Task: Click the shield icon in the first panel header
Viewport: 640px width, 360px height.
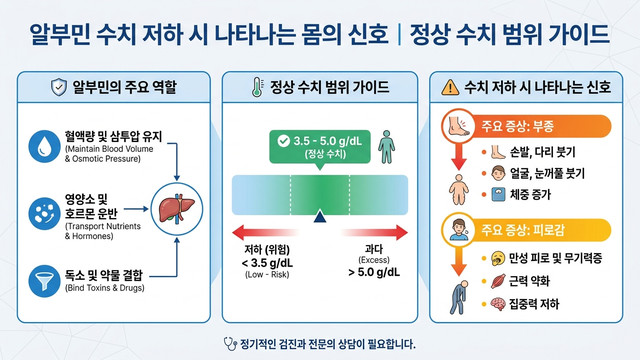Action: coord(59,87)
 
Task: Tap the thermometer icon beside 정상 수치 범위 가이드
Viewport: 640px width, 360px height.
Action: coord(257,87)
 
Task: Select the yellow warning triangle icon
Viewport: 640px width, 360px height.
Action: coord(450,87)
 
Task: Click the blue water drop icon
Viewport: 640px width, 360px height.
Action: coord(44,146)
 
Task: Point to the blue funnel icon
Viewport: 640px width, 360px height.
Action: coord(44,281)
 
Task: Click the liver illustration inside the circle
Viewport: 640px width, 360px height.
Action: coord(176,209)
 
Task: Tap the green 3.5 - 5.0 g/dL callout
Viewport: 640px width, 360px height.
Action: coord(320,147)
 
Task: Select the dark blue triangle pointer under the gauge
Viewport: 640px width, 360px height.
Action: coord(320,217)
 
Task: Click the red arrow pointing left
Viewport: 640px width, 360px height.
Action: coord(265,233)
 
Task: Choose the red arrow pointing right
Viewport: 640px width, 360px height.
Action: coord(375,233)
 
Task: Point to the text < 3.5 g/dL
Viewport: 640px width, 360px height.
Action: coord(267,262)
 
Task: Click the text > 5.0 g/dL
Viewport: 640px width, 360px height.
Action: coord(374,272)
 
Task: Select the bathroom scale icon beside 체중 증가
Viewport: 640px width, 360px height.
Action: coord(498,194)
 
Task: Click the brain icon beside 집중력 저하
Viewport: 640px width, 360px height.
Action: coord(498,304)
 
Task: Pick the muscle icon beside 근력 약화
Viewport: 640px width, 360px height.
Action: coord(498,281)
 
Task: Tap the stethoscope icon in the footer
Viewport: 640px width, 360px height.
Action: coord(230,344)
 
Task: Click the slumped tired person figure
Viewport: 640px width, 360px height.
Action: coord(459,297)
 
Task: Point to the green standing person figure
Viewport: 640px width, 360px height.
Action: coord(386,147)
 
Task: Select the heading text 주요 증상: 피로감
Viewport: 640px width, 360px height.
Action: coord(523,230)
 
